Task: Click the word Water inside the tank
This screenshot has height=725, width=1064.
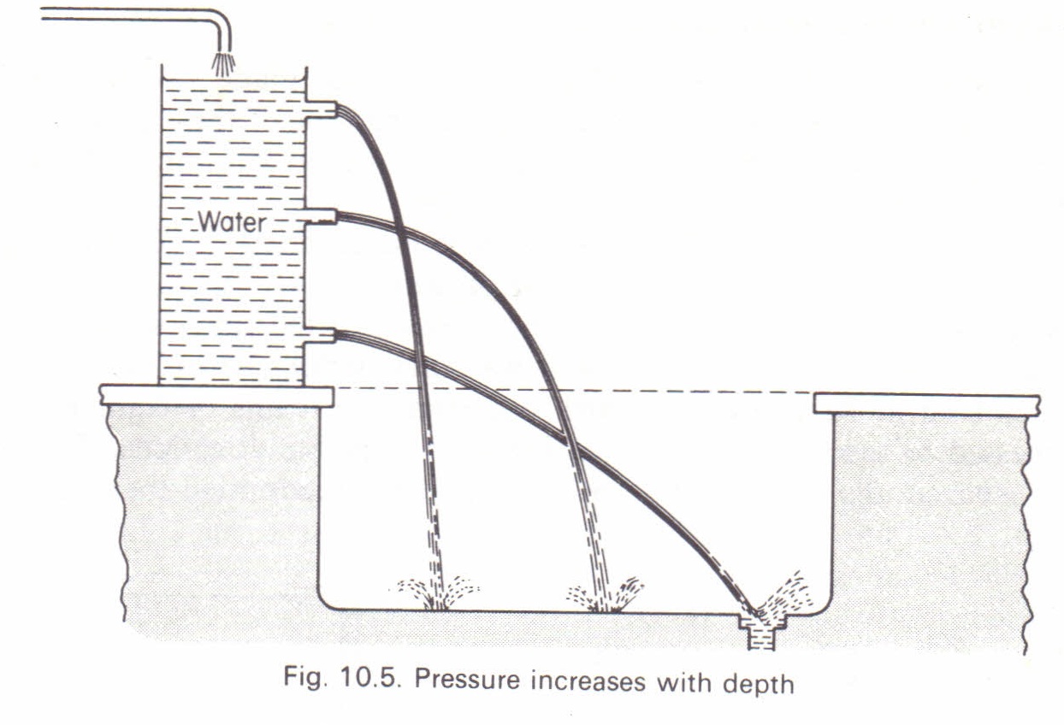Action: pyautogui.click(x=231, y=221)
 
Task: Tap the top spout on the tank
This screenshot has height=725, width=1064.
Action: pyautogui.click(x=321, y=109)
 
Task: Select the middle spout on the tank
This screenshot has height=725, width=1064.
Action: pyautogui.click(x=321, y=217)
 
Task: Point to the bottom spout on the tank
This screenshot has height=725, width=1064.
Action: pyautogui.click(x=320, y=336)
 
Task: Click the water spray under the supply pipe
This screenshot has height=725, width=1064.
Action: pyautogui.click(x=223, y=64)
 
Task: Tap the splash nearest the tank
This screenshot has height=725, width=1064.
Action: pyautogui.click(x=438, y=592)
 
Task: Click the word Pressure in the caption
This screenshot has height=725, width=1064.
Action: pyautogui.click(x=467, y=680)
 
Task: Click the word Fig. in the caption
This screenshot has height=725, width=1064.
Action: pyautogui.click(x=305, y=676)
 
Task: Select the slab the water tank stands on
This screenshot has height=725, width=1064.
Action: pyautogui.click(x=216, y=397)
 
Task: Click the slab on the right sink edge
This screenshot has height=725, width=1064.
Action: pyautogui.click(x=926, y=404)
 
